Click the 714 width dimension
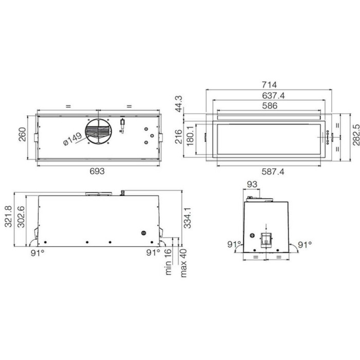[269, 85]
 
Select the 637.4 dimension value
[273, 96]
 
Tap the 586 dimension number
[270, 105]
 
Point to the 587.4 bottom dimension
[273, 171]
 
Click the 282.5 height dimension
[356, 135]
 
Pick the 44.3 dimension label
[178, 104]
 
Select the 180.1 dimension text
[190, 136]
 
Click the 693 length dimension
[97, 171]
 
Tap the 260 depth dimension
[22, 134]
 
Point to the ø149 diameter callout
[73, 139]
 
